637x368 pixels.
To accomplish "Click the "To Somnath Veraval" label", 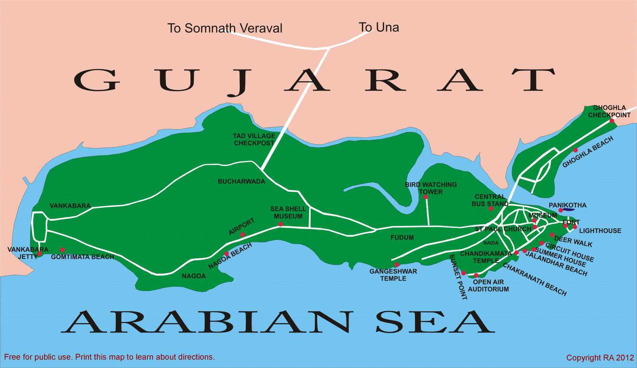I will click(x=225, y=28).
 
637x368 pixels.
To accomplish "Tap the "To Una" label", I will click(x=379, y=27).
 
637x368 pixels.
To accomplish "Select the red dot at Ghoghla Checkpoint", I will click(x=612, y=121).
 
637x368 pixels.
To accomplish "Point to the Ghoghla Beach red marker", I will click(x=575, y=150).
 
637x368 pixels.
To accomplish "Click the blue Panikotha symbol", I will click(x=568, y=209).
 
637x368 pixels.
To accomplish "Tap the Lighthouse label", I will click(x=600, y=231).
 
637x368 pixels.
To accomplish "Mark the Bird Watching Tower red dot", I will click(x=425, y=197).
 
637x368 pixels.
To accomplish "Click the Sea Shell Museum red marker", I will click(x=281, y=224).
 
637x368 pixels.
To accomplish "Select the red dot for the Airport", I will click(x=242, y=235).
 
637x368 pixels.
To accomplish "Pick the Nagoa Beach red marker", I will click(x=227, y=254).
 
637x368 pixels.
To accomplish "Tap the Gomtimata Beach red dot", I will click(x=63, y=250).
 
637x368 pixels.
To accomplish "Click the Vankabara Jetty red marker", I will click(x=39, y=254).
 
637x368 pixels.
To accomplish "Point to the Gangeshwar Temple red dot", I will click(x=397, y=265).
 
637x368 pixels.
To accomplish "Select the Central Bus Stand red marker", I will click(x=491, y=209).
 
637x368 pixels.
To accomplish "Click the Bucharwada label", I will click(x=241, y=182).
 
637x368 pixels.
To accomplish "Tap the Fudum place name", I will click(x=402, y=238).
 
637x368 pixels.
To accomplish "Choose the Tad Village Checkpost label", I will click(x=254, y=139).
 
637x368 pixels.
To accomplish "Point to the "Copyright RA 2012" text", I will click(x=600, y=358).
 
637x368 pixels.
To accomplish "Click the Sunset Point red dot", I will click(x=463, y=273).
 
